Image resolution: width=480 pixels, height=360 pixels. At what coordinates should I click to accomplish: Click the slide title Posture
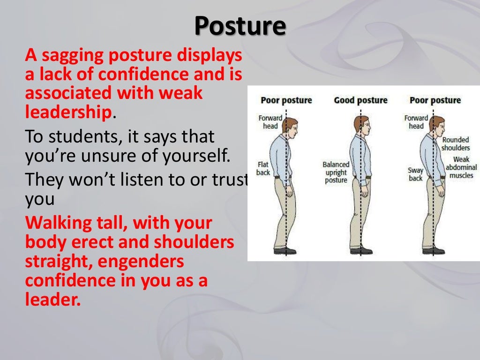pyautogui.click(x=240, y=26)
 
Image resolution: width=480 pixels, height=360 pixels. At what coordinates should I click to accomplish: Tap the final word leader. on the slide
pyautogui.click(x=53, y=299)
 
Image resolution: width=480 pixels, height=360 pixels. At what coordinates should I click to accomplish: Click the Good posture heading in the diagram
pyautogui.click(x=360, y=100)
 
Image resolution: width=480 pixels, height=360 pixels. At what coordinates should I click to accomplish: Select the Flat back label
pyautogui.click(x=263, y=168)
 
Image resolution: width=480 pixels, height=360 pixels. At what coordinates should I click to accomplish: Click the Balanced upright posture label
pyautogui.click(x=336, y=172)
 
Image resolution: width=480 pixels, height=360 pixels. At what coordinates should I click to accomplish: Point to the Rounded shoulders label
pyautogui.click(x=455, y=143)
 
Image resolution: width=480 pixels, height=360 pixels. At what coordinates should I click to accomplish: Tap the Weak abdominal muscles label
pyautogui.click(x=461, y=167)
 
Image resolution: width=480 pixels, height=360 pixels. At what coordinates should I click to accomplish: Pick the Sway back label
pyautogui.click(x=415, y=174)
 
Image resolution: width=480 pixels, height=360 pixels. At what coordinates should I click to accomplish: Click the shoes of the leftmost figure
pyautogui.click(x=285, y=251)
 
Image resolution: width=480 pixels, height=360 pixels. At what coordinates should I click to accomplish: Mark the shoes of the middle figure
pyautogui.click(x=362, y=251)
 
